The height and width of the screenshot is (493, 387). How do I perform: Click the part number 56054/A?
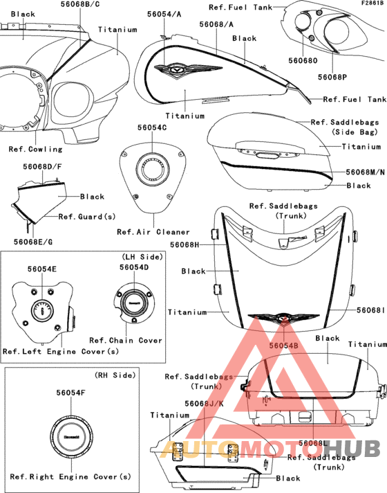(164, 14)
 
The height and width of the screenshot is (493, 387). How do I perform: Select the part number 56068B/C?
(80, 4)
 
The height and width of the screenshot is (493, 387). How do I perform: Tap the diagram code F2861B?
(372, 3)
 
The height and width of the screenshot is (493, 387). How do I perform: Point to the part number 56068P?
(332, 77)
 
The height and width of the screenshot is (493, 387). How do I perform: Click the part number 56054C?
(152, 127)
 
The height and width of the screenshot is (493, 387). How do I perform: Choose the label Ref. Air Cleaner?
(153, 232)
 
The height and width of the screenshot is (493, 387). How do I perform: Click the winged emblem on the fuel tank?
(189, 69)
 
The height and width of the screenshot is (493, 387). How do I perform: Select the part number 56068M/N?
(366, 172)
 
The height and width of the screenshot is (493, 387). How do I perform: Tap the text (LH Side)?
(142, 257)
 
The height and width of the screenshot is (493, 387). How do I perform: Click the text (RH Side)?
(115, 375)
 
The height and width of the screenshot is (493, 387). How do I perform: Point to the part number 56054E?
(42, 269)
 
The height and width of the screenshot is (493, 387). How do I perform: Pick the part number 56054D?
(134, 267)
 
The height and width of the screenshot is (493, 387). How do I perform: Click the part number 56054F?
(71, 393)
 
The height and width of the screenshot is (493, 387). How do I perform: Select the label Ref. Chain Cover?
(126, 341)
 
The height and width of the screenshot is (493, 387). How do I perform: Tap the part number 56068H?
(185, 244)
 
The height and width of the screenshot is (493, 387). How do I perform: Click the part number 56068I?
(370, 310)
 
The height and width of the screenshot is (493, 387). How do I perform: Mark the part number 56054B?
(284, 346)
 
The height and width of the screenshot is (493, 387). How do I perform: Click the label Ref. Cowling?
(35, 149)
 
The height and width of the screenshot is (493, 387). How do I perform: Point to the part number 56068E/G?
(33, 242)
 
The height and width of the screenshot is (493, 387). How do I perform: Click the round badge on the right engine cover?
(72, 437)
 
